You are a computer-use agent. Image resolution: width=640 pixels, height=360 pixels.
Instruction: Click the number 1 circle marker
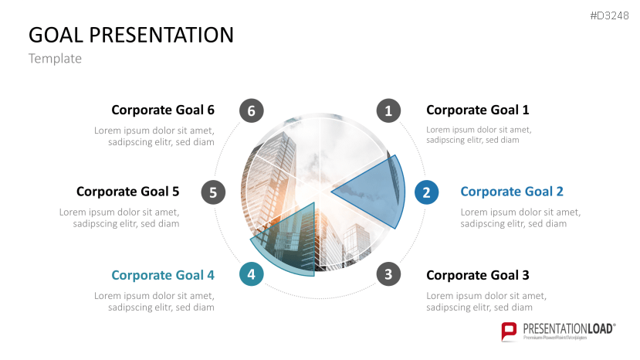pyautogui.click(x=388, y=110)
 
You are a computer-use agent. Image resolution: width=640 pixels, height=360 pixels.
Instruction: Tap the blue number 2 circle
pyautogui.click(x=425, y=192)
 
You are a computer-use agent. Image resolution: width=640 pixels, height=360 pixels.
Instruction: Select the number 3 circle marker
pyautogui.click(x=388, y=274)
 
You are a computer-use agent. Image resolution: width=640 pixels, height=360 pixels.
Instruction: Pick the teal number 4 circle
pyautogui.click(x=250, y=274)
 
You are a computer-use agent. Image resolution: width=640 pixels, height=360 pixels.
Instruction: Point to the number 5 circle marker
pyautogui.click(x=213, y=192)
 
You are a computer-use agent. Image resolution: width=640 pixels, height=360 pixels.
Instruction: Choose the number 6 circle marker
pyautogui.click(x=249, y=110)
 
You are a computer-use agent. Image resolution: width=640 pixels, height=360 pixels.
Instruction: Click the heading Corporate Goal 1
pyautogui.click(x=477, y=110)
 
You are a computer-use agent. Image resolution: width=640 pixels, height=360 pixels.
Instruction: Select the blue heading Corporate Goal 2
pyautogui.click(x=511, y=192)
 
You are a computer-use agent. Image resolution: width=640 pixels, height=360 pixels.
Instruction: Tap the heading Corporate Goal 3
pyautogui.click(x=477, y=275)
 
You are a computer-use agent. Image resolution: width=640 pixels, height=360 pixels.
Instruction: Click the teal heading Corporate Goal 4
pyautogui.click(x=163, y=275)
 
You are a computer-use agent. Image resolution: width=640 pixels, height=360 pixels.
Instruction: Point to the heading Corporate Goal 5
pyautogui.click(x=127, y=192)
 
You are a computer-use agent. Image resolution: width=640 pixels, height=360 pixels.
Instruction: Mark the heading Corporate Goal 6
pyautogui.click(x=163, y=110)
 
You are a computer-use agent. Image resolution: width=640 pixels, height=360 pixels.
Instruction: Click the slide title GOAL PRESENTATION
pyautogui.click(x=131, y=35)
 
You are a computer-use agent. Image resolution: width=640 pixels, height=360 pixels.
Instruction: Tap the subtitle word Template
pyautogui.click(x=55, y=59)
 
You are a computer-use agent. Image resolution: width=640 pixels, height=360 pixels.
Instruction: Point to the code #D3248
pyautogui.click(x=610, y=17)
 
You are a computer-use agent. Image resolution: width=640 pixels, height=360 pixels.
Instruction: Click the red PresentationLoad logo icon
pyautogui.click(x=509, y=331)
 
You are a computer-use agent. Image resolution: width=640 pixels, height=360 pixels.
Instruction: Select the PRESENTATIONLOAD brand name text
pyautogui.click(x=568, y=328)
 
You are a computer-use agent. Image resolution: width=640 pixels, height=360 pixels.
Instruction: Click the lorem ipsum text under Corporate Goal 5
pyautogui.click(x=120, y=218)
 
